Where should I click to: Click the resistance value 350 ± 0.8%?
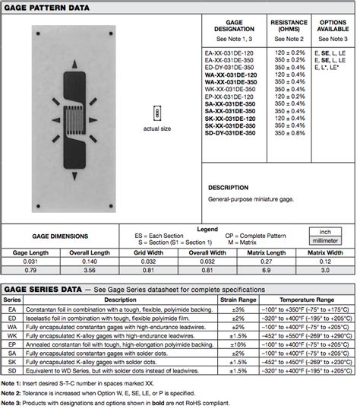tap(289, 132)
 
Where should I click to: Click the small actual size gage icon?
tap(159, 112)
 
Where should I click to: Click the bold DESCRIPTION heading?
tap(228, 187)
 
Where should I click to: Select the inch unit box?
tap(325, 232)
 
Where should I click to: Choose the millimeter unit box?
tap(325, 241)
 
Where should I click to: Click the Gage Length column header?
tap(29, 252)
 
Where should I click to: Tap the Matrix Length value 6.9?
tap(266, 270)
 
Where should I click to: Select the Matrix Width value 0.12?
tap(325, 261)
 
